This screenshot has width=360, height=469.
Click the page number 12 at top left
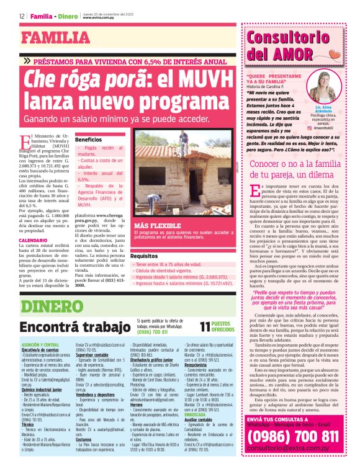pos(22,16)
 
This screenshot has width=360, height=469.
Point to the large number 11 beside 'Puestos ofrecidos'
pos(205,327)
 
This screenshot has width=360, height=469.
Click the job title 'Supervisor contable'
pos(94,355)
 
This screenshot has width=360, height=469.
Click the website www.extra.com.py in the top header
pos(99,18)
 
